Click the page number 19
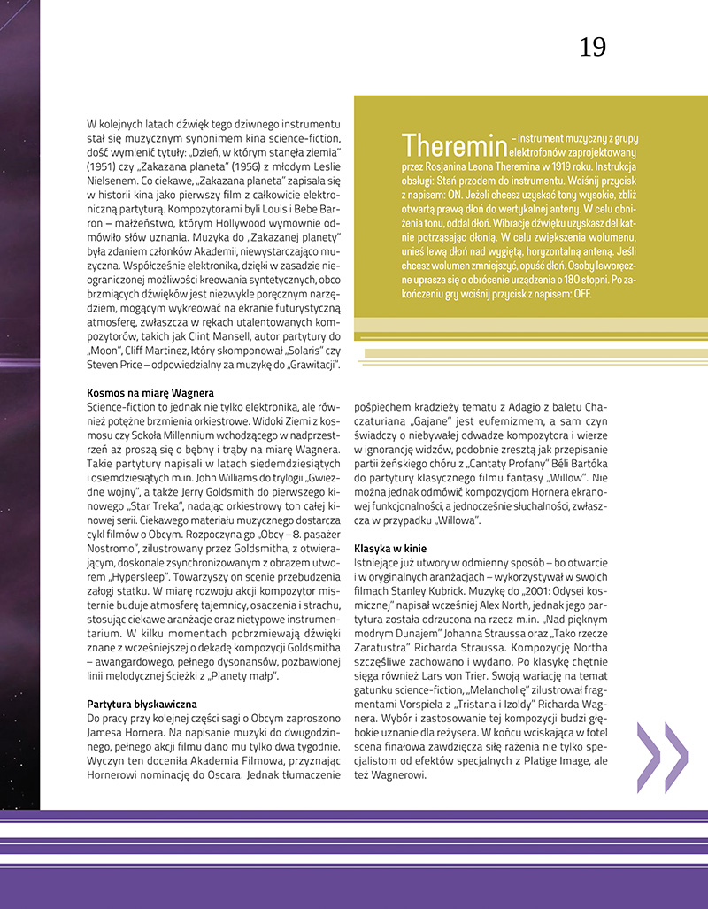(592, 47)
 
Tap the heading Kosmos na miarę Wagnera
(150, 392)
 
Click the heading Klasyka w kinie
(390, 549)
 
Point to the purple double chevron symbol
(662, 757)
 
